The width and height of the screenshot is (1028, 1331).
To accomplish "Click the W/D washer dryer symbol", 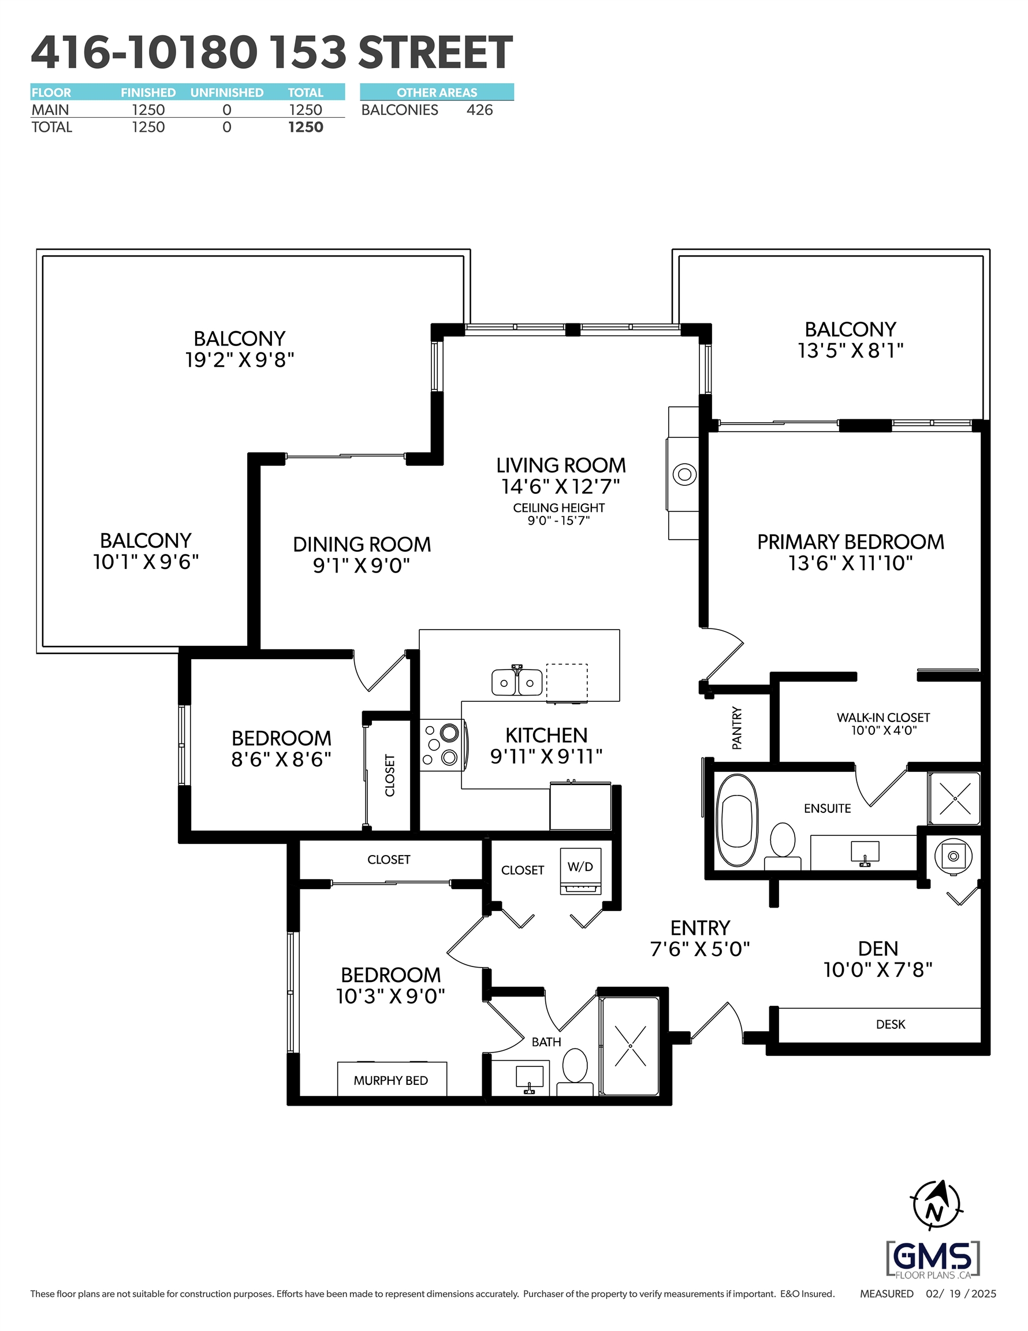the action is pos(580,871).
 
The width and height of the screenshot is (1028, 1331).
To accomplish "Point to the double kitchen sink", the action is pos(517,681).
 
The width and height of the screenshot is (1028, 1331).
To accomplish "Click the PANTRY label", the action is pos(737,728).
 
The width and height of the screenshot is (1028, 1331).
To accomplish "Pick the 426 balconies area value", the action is pos(479,110).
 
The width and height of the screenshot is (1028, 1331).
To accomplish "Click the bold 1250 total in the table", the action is pos(306,127).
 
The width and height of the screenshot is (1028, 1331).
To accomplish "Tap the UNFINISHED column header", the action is pos(227,92).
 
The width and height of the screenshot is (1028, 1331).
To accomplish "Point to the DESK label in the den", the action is pos(891,1024).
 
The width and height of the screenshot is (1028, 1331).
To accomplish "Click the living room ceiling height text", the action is pos(559,514).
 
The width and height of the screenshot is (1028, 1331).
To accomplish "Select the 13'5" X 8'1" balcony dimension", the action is pos(851,351).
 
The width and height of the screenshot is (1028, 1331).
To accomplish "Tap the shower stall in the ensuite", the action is pos(955,798).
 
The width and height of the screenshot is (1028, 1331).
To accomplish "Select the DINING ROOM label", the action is pos(362,544).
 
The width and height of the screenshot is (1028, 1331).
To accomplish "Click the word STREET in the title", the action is pos(435,53).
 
